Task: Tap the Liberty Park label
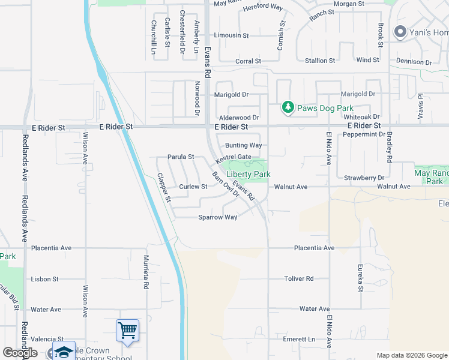click(249, 174)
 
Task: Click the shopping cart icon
click(127, 330)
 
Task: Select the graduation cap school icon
click(64, 352)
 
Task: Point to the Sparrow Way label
click(218, 217)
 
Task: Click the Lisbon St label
click(45, 279)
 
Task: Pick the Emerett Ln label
click(299, 340)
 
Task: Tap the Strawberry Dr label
click(364, 178)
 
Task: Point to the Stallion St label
click(320, 61)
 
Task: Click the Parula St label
click(181, 157)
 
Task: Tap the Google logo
click(20, 353)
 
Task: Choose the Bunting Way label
click(243, 145)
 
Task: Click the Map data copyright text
click(411, 355)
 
